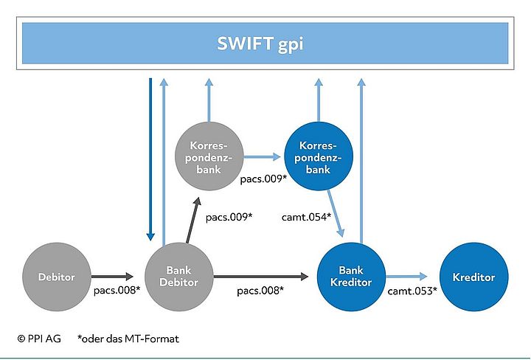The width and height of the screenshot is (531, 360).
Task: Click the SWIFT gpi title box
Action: (x=265, y=43)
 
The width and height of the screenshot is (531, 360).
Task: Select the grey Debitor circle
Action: (x=56, y=277)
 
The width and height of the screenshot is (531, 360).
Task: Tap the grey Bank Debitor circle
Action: (x=180, y=277)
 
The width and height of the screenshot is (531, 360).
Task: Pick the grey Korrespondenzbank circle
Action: (x=209, y=156)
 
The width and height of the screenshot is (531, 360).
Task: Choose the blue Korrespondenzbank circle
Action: (x=319, y=156)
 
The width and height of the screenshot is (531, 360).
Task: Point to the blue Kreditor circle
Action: (x=474, y=277)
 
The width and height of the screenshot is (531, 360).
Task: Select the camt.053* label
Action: (x=412, y=291)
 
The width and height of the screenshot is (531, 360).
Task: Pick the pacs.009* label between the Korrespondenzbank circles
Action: (x=263, y=179)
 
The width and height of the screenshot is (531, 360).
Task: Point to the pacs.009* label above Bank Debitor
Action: (x=229, y=217)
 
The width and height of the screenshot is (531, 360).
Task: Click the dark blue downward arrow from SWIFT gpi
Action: (x=150, y=159)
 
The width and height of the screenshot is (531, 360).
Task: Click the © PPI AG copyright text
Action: (x=40, y=339)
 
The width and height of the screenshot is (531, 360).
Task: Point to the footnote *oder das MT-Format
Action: (x=128, y=339)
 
